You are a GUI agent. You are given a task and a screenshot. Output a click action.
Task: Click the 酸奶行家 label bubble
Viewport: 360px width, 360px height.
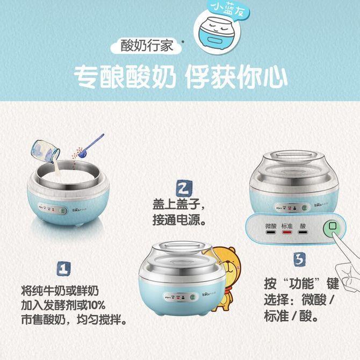pos(147,45)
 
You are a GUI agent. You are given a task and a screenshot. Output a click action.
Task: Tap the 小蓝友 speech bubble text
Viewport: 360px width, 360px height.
pos(222,10)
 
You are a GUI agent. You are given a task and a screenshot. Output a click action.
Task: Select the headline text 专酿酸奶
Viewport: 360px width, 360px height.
pos(125,78)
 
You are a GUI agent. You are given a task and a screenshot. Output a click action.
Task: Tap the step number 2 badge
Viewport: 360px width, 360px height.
pos(183,188)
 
